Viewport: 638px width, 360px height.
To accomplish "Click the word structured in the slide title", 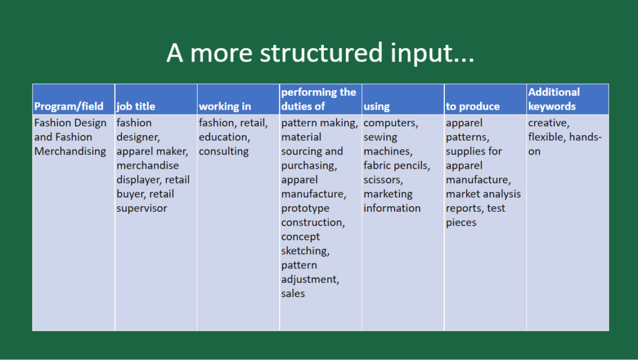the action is pyautogui.click(x=321, y=52).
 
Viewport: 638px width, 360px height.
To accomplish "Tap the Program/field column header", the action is pyautogui.click(x=69, y=106).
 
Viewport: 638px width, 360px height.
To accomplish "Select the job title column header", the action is pyautogui.click(x=136, y=106).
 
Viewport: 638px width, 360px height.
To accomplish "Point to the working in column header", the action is pyautogui.click(x=225, y=107).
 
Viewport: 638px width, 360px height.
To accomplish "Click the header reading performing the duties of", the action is pyautogui.click(x=318, y=99).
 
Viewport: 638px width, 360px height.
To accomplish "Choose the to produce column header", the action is pyautogui.click(x=473, y=107).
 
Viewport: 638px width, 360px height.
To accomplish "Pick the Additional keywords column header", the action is pyautogui.click(x=554, y=99).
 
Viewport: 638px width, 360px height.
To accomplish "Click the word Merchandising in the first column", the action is pyautogui.click(x=70, y=151).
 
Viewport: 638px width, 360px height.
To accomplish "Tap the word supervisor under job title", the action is pyautogui.click(x=141, y=208).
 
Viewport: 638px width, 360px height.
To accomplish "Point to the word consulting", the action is pyautogui.click(x=224, y=151).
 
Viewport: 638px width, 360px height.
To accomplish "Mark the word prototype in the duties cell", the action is pyautogui.click(x=305, y=208).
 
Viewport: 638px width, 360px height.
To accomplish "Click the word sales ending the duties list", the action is pyautogui.click(x=293, y=293).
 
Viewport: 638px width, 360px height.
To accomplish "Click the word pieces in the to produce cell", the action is pyautogui.click(x=461, y=222).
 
